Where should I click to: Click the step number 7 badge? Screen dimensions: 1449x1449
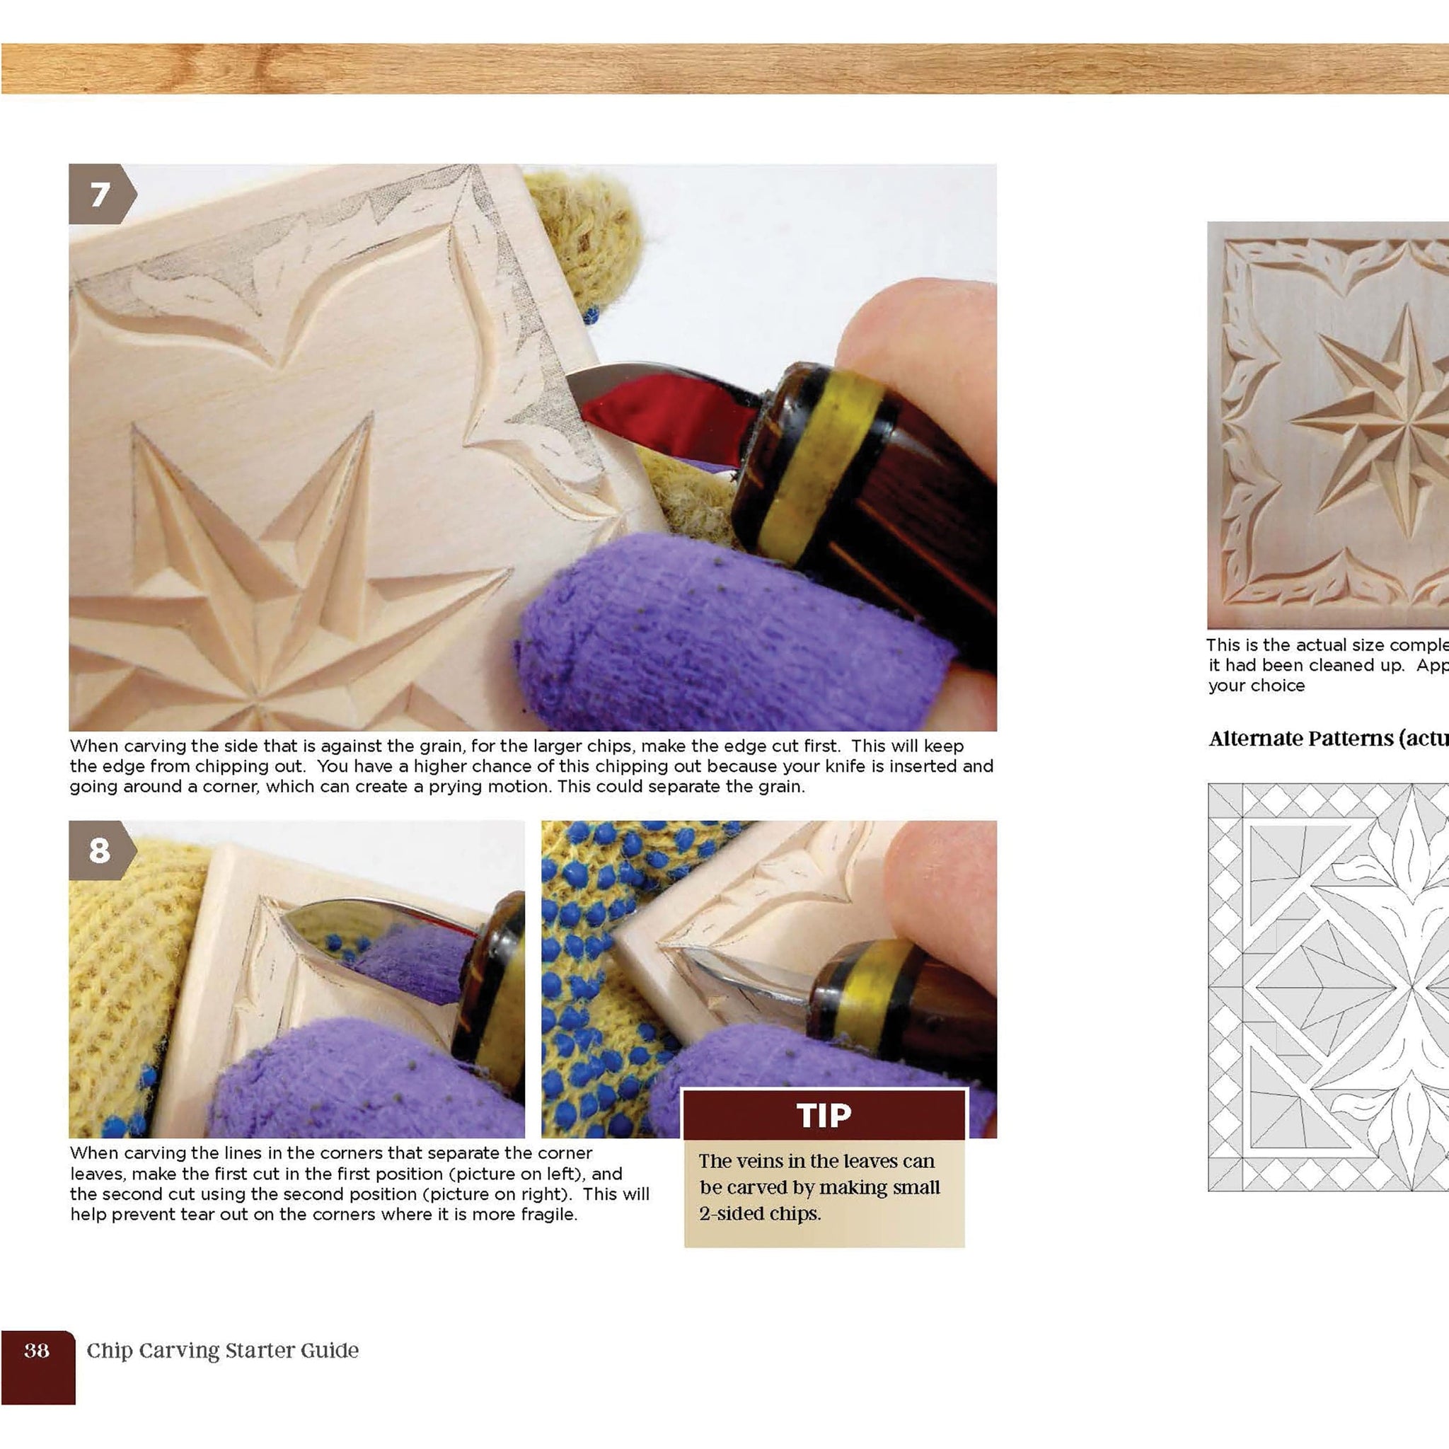coord(100,195)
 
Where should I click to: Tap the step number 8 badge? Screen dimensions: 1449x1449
coord(100,850)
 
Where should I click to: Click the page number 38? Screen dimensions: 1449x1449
coord(37,1351)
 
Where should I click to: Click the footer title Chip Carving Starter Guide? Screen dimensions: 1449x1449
coord(223,1351)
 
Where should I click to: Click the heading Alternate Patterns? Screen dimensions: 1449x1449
coord(1312,739)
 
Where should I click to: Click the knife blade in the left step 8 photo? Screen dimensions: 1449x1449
coord(375,930)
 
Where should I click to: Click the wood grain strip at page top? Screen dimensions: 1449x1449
coord(724,69)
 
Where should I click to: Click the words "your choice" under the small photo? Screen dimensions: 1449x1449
coord(1257,686)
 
